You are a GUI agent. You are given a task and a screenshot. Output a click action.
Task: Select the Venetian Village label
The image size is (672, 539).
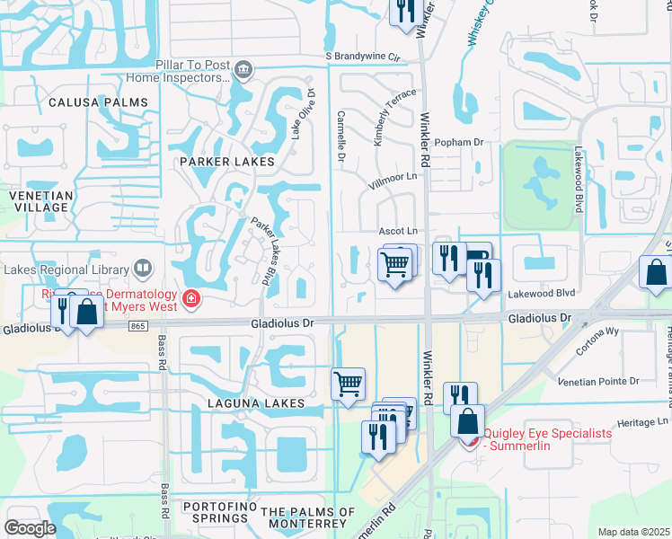click(x=39, y=200)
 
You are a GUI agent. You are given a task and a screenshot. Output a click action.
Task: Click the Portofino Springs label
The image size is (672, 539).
click(x=216, y=513)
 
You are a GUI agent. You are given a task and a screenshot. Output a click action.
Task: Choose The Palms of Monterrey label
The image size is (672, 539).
click(x=304, y=517)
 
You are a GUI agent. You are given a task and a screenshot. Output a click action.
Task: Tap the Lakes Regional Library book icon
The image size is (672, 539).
click(x=142, y=268)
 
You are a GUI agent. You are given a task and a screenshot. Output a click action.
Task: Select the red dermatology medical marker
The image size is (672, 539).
click(x=190, y=297)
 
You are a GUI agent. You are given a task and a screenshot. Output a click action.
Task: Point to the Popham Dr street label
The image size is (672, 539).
click(x=458, y=142)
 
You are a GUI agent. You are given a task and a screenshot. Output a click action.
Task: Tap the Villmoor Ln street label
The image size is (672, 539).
click(x=393, y=177)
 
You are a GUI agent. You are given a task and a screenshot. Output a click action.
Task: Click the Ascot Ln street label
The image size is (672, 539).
click(x=399, y=231)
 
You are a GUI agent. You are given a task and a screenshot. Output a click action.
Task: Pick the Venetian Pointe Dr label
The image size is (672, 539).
click(x=598, y=382)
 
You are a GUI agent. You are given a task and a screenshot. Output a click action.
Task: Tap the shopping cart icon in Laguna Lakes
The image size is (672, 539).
click(x=349, y=384)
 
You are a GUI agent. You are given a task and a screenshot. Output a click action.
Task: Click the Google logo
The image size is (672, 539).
click(x=31, y=528)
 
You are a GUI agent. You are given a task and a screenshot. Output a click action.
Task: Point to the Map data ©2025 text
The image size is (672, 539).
click(x=633, y=532)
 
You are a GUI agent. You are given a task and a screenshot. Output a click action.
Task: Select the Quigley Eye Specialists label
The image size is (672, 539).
click(x=548, y=440)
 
